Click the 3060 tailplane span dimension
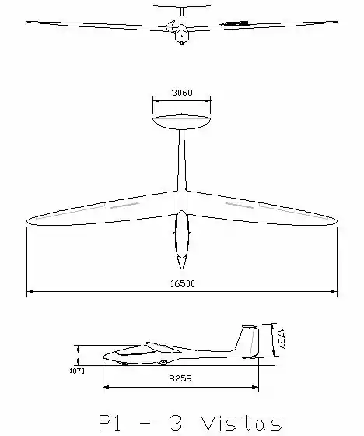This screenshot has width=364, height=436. (182, 93)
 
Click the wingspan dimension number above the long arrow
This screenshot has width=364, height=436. (183, 283)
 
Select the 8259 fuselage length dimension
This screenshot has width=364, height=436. (180, 378)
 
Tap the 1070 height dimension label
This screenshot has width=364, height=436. (77, 371)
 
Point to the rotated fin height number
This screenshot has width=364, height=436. (281, 339)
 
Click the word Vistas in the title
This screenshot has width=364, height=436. (241, 423)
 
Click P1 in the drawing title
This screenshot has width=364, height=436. (110, 423)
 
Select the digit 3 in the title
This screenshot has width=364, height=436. (176, 423)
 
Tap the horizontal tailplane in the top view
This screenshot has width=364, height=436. (181, 121)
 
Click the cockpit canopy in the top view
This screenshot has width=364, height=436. (182, 234)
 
